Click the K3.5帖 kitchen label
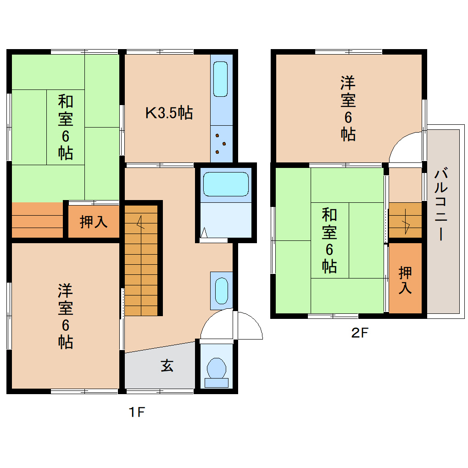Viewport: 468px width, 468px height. coord(168,112)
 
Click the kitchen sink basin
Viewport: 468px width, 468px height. coord(221,78)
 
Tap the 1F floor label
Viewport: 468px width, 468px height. coord(136,412)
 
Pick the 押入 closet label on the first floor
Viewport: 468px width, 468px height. coord(94,222)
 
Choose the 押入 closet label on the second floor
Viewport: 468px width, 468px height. coord(405,280)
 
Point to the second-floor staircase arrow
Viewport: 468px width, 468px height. coord(406,224)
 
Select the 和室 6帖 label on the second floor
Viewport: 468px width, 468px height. coord(329,240)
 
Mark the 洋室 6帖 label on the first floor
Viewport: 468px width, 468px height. coord(65,316)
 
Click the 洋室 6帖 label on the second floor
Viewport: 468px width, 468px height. coord(348,108)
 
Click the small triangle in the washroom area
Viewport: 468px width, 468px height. coord(204,234)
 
